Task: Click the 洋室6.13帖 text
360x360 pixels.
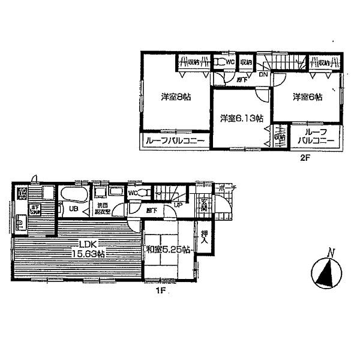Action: pyautogui.click(x=241, y=118)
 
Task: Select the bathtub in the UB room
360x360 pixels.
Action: pyautogui.click(x=73, y=195)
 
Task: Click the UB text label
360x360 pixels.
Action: pyautogui.click(x=72, y=209)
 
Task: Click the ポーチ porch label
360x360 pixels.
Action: pyautogui.click(x=229, y=188)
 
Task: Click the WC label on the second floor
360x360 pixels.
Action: pyautogui.click(x=230, y=61)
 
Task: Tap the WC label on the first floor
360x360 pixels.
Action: pyautogui.click(x=133, y=193)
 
